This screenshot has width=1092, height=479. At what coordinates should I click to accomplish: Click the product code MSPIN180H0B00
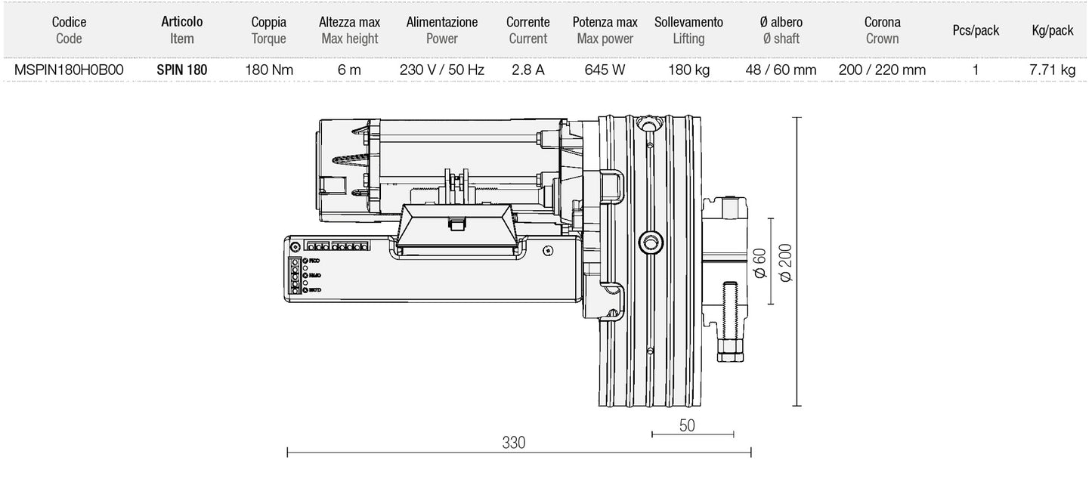click(x=69, y=70)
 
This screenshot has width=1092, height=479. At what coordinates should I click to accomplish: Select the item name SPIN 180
click(x=182, y=70)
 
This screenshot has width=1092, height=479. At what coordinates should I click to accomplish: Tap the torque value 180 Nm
click(x=269, y=70)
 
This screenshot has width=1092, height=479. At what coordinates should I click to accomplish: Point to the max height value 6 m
click(x=349, y=70)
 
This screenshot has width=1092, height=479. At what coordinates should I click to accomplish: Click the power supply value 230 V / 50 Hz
click(x=442, y=70)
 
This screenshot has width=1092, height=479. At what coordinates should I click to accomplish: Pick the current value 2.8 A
click(x=528, y=70)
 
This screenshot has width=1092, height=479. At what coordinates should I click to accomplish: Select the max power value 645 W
click(x=605, y=70)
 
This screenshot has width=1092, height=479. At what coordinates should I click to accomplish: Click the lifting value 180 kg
click(x=688, y=70)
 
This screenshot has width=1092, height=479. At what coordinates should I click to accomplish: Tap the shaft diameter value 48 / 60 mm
click(x=781, y=70)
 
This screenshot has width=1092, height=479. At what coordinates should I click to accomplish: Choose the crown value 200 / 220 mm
click(x=882, y=70)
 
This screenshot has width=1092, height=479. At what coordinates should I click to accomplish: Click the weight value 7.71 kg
click(x=1052, y=70)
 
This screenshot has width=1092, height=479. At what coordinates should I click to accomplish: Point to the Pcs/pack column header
click(x=976, y=31)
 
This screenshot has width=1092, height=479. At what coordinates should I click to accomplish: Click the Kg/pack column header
click(x=1052, y=31)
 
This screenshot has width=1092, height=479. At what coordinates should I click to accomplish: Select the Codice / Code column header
click(x=69, y=30)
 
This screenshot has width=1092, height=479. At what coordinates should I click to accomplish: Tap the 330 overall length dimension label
click(x=514, y=443)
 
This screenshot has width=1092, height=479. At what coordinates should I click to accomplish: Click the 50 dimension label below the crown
click(x=687, y=425)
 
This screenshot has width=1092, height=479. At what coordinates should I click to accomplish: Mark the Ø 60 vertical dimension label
click(x=759, y=264)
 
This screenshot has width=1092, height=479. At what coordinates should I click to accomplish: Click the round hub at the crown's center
click(x=649, y=242)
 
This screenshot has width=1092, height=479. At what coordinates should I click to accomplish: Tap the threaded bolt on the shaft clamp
click(x=729, y=314)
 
